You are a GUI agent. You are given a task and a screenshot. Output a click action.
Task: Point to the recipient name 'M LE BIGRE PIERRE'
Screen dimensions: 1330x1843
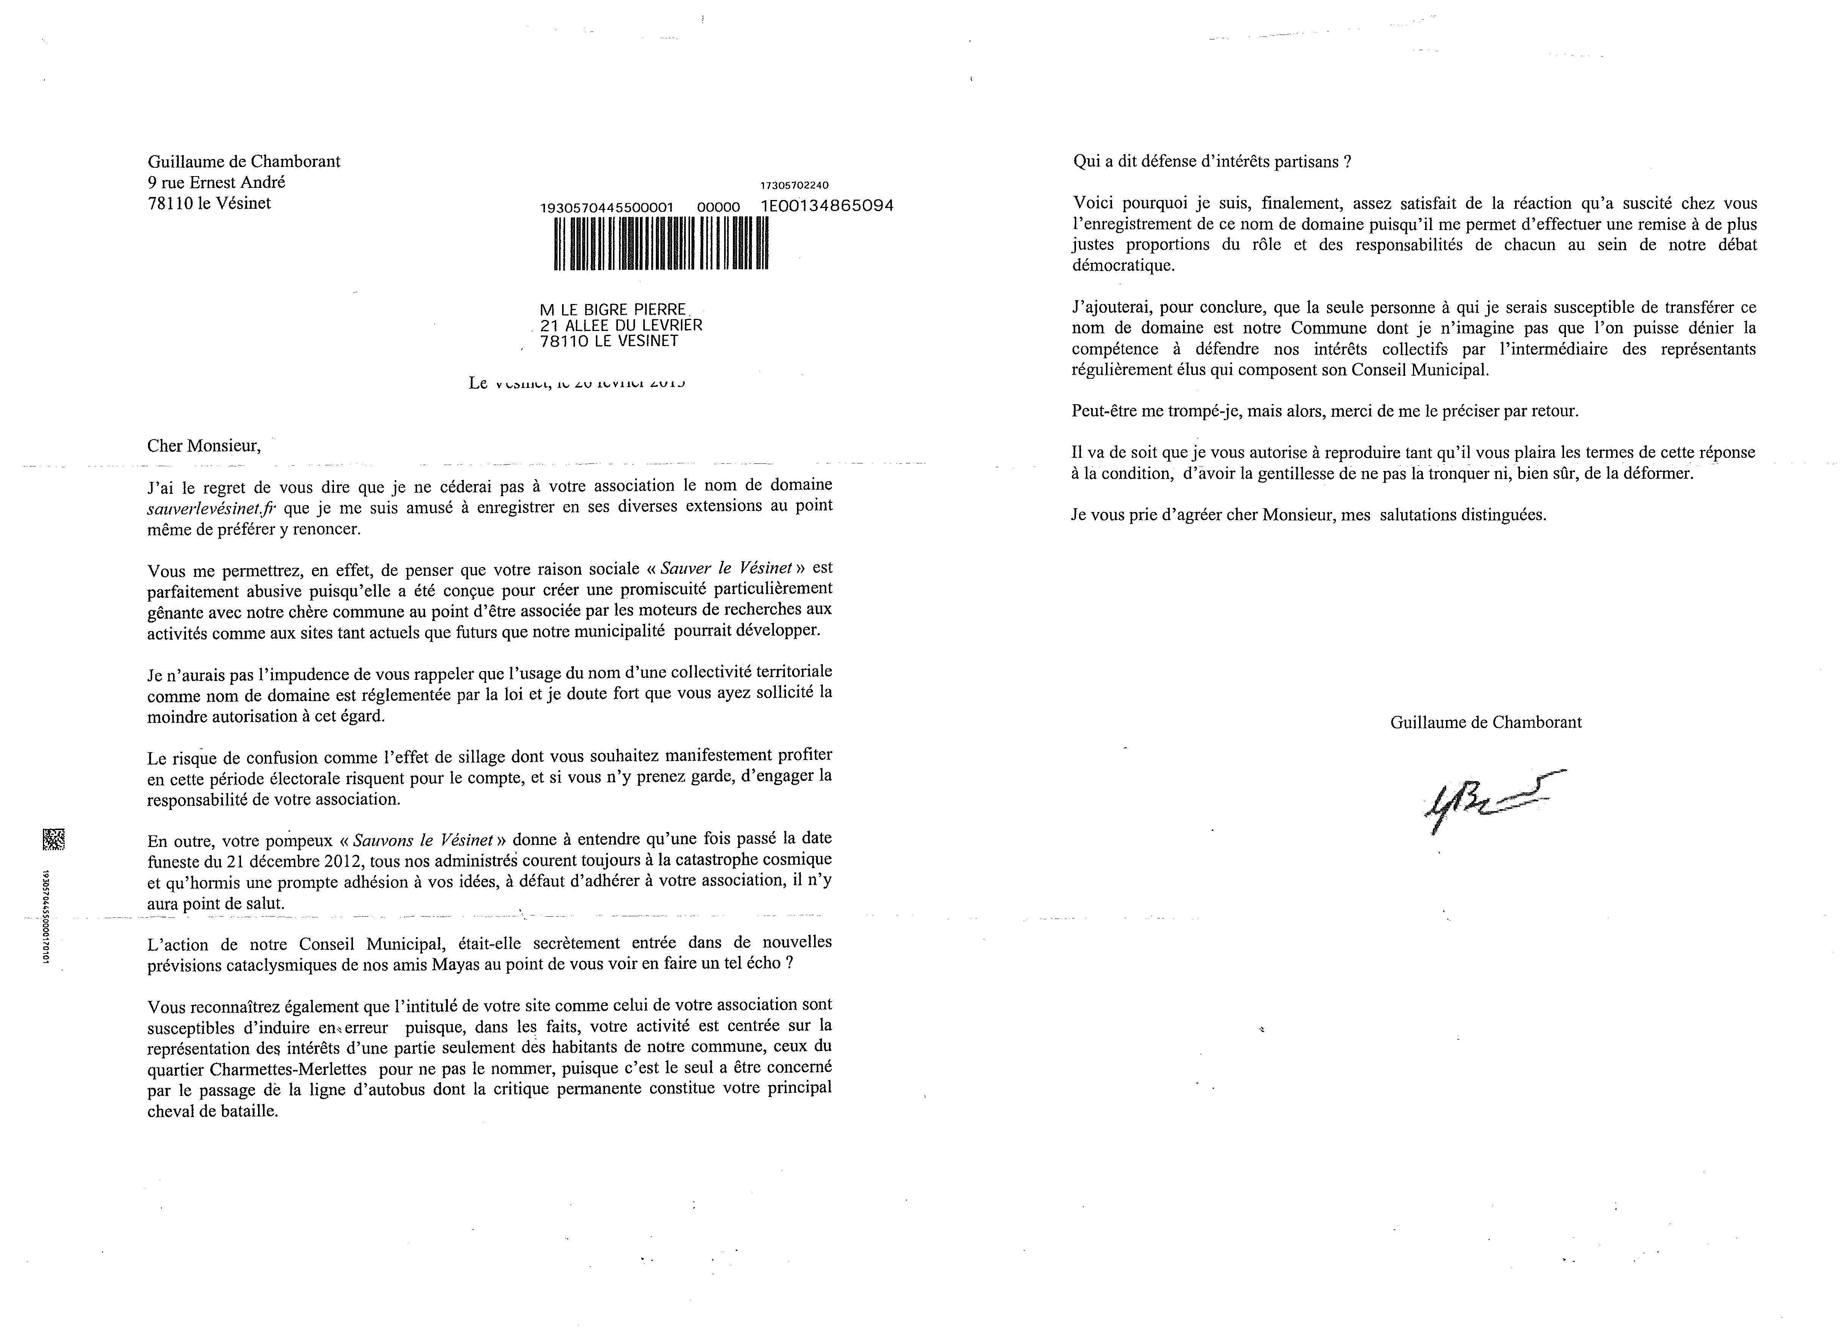click(x=614, y=310)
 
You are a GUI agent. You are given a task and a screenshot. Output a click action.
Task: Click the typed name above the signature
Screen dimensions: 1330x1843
click(x=1485, y=722)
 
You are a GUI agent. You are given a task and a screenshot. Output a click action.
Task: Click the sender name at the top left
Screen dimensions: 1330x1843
click(x=244, y=161)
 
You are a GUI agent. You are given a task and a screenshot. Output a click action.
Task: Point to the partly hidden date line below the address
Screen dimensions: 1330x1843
click(x=577, y=382)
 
